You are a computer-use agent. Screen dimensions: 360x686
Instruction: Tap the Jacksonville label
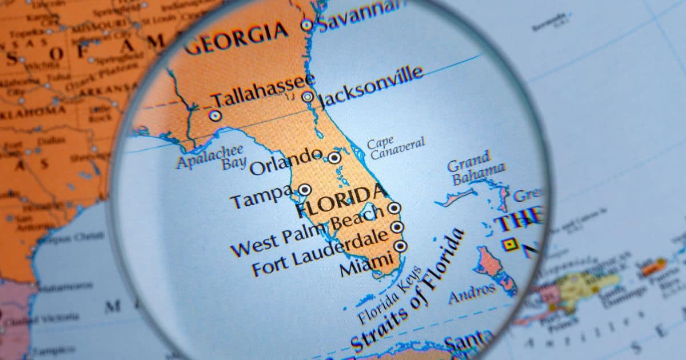(x=372, y=87)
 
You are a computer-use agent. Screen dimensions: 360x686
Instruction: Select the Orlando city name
(x=286, y=161)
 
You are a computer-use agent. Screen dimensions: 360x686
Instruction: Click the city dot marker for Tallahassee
(x=216, y=115)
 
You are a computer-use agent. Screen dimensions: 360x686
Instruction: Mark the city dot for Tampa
(x=305, y=190)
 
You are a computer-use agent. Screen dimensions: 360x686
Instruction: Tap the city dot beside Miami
(x=400, y=246)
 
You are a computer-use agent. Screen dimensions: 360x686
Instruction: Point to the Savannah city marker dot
(x=307, y=25)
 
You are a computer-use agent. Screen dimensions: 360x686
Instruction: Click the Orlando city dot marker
(x=334, y=158)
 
